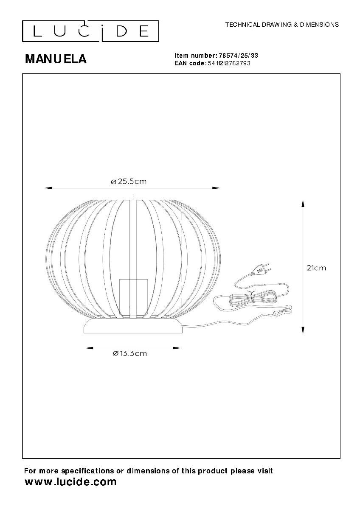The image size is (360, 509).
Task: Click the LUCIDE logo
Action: point(90,31)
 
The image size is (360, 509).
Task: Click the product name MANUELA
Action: point(56,59)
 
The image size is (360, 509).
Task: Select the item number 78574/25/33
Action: point(238,56)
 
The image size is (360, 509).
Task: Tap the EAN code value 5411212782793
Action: point(229,63)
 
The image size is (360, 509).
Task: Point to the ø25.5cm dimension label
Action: point(129,182)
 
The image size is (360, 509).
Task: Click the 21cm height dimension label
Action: point(316,268)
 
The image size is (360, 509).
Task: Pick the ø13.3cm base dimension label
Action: point(130,353)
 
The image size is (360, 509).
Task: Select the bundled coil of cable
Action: point(253,298)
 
